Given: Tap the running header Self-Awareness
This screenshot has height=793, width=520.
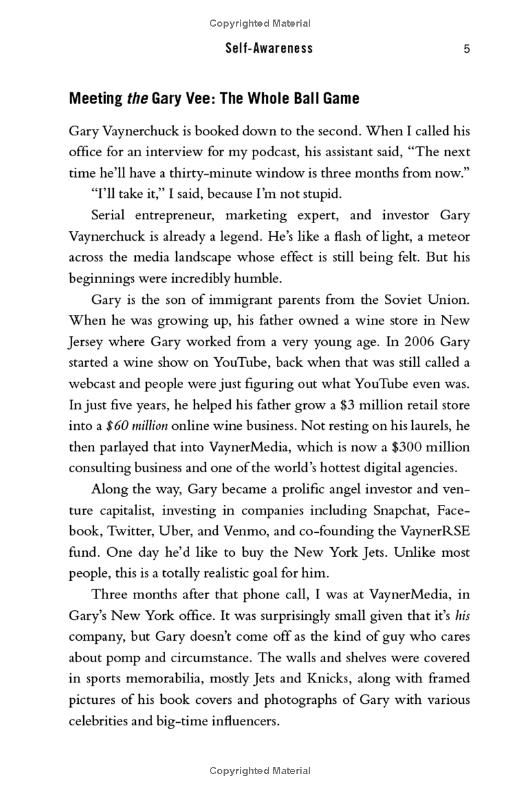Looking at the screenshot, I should click(269, 49).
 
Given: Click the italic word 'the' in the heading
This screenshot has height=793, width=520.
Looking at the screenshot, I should click(136, 99).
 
